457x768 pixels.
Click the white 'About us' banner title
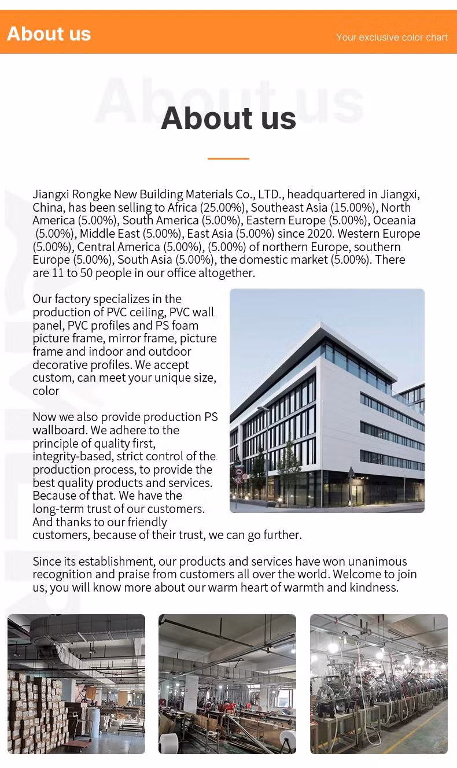pos(49,34)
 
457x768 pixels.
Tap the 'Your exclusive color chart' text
pos(392,37)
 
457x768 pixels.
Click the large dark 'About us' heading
pos(228,118)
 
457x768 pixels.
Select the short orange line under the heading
pos(228,158)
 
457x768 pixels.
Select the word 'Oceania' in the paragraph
pos(394,220)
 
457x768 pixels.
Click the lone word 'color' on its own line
pos(46,391)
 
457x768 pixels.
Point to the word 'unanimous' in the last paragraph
pos(379,562)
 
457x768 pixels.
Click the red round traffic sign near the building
pos(238,479)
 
